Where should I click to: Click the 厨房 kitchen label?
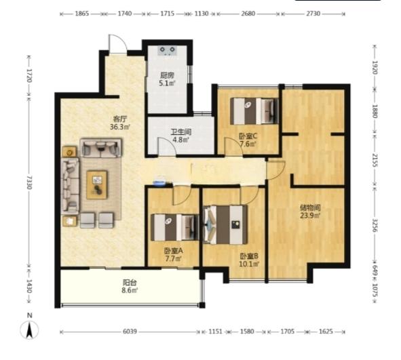168,75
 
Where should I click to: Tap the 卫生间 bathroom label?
181,132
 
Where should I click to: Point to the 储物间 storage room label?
310,207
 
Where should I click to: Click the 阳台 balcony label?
130,283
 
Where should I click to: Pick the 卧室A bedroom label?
174,251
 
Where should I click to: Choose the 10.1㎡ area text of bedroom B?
249,264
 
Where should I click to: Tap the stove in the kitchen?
168,51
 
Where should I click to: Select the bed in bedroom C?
254,111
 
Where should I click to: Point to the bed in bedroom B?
225,224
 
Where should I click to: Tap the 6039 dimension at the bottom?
130,332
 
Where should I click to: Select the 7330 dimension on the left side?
29,182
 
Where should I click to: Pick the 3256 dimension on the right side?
375,225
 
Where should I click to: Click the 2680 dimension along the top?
248,14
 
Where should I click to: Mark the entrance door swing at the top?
118,44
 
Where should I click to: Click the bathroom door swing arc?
167,146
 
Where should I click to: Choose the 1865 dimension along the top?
82,14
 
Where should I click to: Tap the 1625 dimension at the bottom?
326,332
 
